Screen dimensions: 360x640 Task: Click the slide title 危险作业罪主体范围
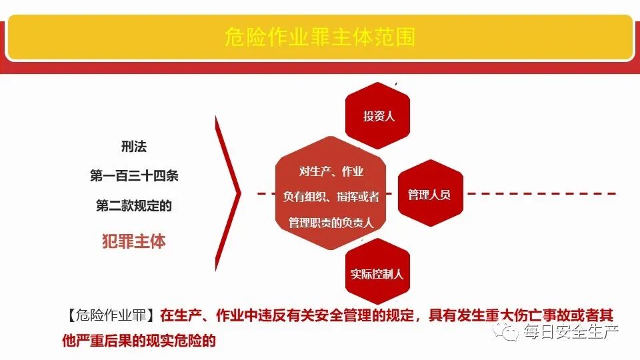[x=319, y=37]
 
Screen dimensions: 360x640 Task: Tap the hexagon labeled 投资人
[x=378, y=116]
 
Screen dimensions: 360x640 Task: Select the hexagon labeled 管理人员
[x=429, y=195]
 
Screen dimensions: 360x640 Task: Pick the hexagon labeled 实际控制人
[x=377, y=273]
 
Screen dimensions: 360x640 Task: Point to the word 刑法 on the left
[x=134, y=146]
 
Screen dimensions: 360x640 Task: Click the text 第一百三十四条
[x=134, y=176]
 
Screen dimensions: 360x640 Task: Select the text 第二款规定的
[x=134, y=206]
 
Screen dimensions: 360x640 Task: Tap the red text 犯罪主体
[x=133, y=241]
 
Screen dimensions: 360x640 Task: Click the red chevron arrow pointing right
[x=229, y=193]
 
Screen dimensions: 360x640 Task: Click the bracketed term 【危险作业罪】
[x=110, y=315]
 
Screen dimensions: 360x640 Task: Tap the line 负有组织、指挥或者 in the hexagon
[x=331, y=197]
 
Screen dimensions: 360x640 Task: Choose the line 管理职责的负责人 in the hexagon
[x=331, y=222]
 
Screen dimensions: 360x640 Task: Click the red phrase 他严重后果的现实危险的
[x=139, y=340]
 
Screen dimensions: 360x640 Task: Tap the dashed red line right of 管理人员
[x=540, y=194]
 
